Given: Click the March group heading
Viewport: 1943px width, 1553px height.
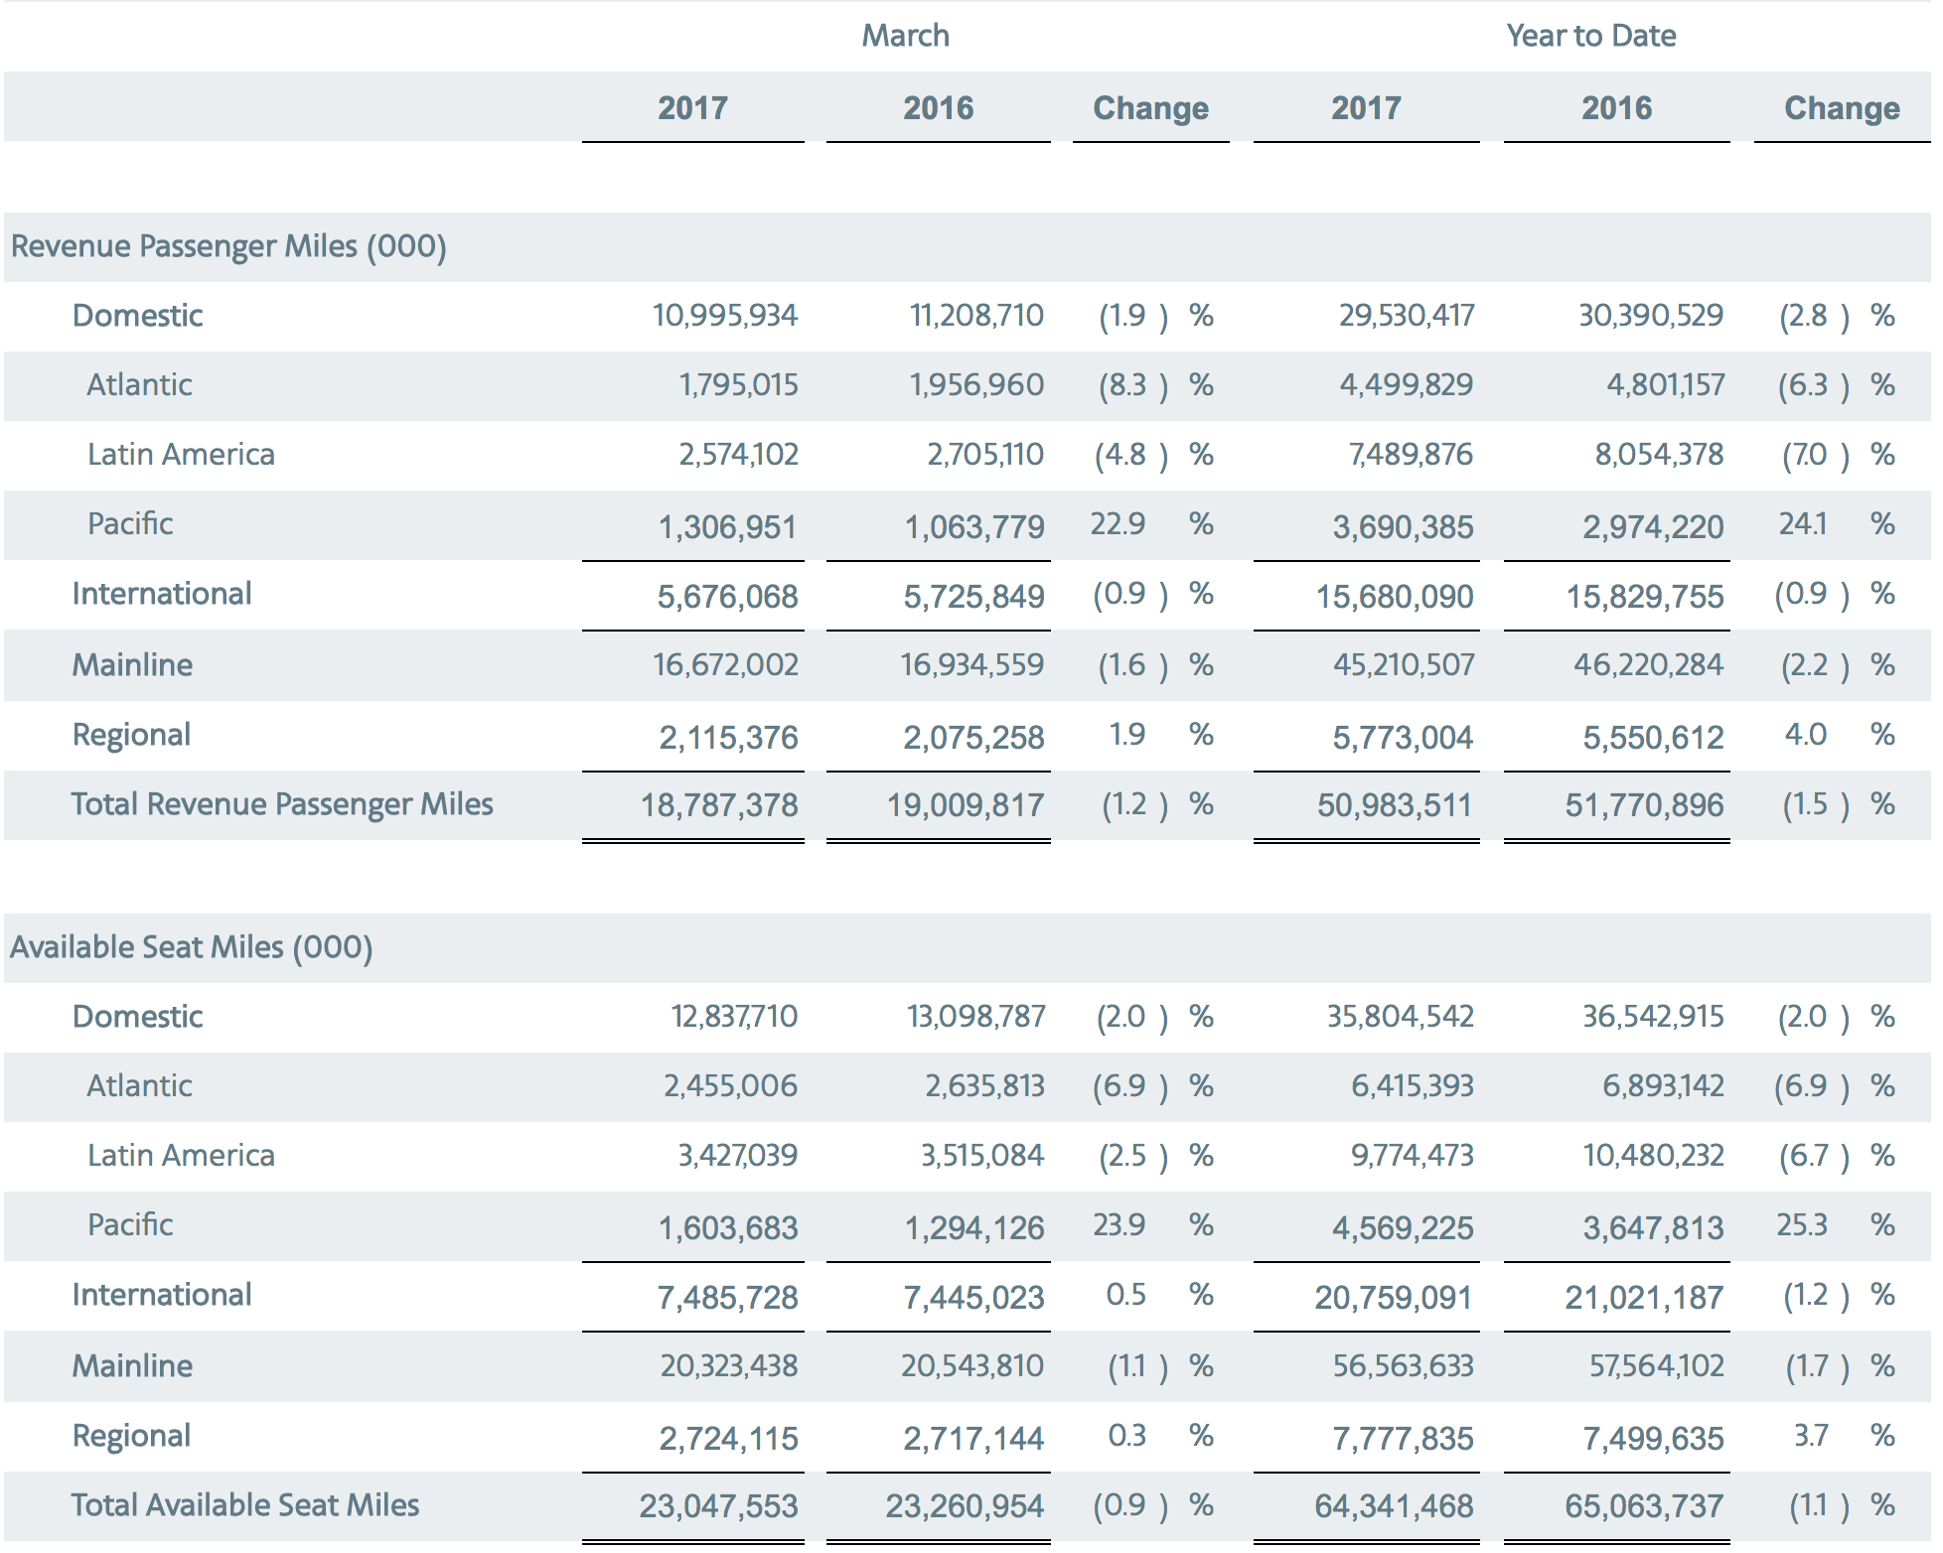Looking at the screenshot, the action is pyautogui.click(x=905, y=36).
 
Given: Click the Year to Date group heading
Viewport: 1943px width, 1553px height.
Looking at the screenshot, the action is pyautogui.click(x=1590, y=36).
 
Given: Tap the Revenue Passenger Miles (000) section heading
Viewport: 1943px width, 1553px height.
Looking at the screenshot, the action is pyautogui.click(x=228, y=246).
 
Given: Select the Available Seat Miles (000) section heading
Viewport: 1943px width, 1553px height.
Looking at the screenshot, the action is pyautogui.click(x=192, y=947).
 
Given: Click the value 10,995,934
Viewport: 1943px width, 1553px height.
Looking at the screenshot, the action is pyautogui.click(x=725, y=316).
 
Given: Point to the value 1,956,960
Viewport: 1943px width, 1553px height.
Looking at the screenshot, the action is pyautogui.click(x=976, y=385).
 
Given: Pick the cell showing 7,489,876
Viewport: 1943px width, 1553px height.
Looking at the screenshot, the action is pyautogui.click(x=1411, y=455).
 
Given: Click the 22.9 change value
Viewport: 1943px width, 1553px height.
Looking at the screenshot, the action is pyautogui.click(x=1118, y=523).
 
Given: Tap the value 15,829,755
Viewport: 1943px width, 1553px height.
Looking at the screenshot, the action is pyautogui.click(x=1645, y=597).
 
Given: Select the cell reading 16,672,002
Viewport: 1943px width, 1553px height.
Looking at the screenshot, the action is pyautogui.click(x=725, y=665).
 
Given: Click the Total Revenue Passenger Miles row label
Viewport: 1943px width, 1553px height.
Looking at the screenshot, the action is pyautogui.click(x=282, y=804).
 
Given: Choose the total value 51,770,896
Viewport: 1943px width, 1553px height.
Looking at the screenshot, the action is pyautogui.click(x=1645, y=805).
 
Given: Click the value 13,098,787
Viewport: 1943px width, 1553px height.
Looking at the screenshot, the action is pyautogui.click(x=976, y=1017).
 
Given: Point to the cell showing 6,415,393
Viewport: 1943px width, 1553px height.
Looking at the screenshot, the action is pyautogui.click(x=1412, y=1086).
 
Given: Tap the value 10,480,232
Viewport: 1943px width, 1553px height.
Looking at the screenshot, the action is pyautogui.click(x=1653, y=1156).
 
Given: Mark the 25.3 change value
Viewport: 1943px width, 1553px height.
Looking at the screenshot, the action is pyautogui.click(x=1802, y=1224).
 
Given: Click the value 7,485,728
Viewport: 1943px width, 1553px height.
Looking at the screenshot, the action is pyautogui.click(x=727, y=1298).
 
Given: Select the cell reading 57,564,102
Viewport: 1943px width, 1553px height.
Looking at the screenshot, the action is pyautogui.click(x=1657, y=1366).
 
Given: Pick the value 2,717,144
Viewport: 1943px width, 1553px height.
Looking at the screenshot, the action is pyautogui.click(x=973, y=1439).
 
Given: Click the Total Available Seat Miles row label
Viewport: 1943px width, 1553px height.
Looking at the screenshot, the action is pyautogui.click(x=245, y=1505).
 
